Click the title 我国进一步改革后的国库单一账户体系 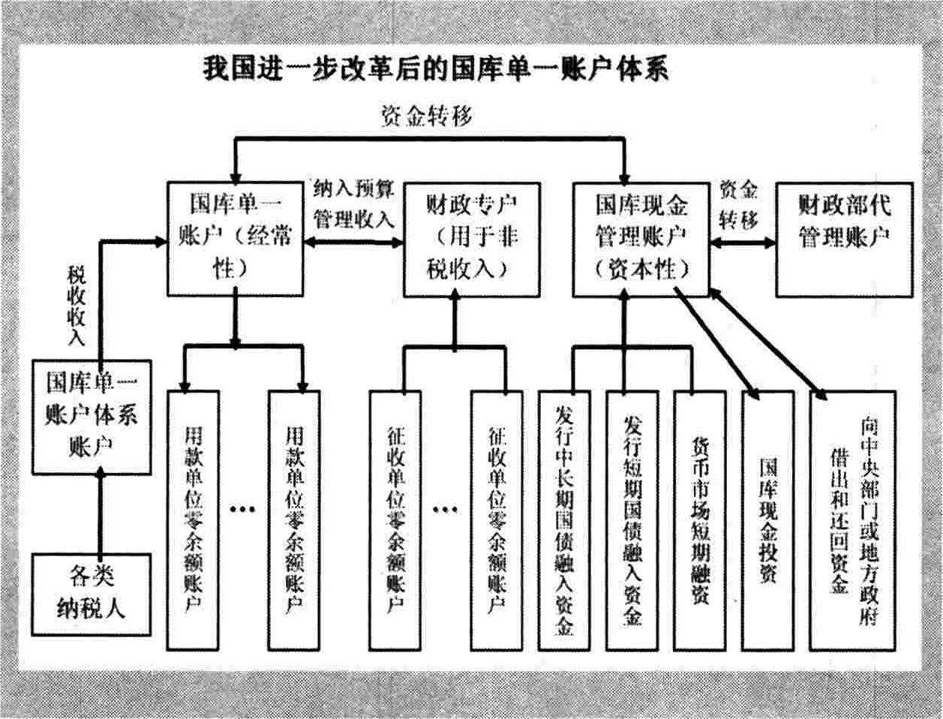pos(435,70)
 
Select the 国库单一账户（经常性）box pos(235,239)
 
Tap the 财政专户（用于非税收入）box pos(471,239)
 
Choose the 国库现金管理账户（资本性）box pos(641,239)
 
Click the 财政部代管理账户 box pos(844,239)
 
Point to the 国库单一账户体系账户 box pos(92,417)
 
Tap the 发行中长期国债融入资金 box pos(564,520)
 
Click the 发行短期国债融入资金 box pos(632,520)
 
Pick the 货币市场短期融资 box pos(700,520)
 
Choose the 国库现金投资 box pos(767,520)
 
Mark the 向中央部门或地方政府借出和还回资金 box pos(852,520)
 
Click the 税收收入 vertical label pos(76,305)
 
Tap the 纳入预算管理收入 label pos(353,204)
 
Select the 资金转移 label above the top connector pos(427,116)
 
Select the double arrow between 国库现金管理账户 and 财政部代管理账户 pos(743,243)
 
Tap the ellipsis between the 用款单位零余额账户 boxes pos(243,510)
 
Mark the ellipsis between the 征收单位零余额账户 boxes pos(446,510)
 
